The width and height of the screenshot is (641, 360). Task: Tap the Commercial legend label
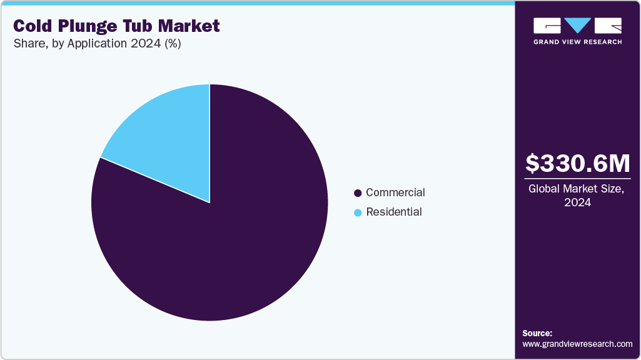395,192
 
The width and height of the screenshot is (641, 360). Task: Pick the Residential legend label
394,212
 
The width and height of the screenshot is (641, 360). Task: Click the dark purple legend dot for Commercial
358,193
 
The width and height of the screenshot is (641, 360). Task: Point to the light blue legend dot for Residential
358,212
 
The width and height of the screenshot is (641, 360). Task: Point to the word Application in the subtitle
98,44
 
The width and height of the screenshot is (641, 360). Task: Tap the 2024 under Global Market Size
577,202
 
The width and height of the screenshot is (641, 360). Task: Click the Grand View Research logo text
577,42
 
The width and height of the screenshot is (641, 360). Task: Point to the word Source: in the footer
537,333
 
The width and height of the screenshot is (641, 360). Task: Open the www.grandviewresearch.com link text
577,344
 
